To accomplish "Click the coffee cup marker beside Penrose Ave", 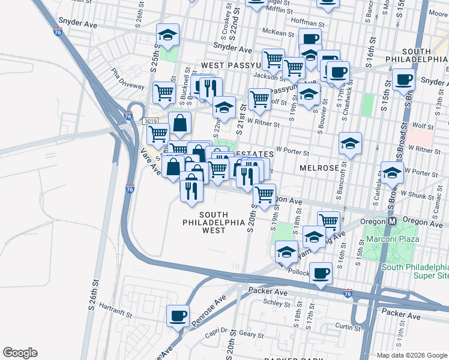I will (178, 316).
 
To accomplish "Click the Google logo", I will (20, 352).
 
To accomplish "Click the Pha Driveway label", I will (127, 81).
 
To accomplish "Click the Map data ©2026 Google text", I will (412, 355).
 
